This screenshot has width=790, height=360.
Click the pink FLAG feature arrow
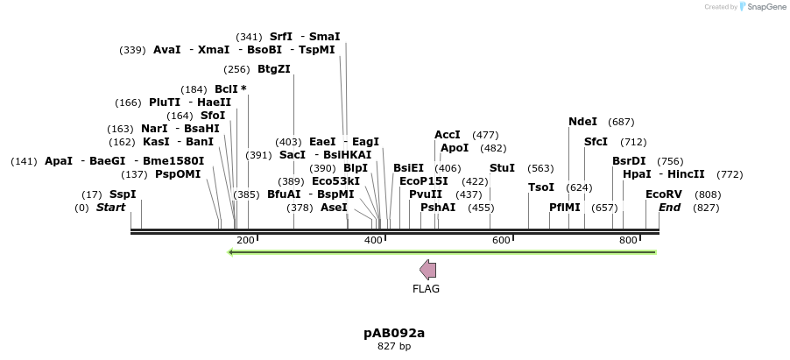(428, 269)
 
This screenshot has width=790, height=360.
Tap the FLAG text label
(427, 289)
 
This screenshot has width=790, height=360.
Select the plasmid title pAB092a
(394, 333)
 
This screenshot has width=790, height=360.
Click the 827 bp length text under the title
(394, 347)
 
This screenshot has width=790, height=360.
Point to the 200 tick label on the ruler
(245, 240)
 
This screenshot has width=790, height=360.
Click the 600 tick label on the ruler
(501, 240)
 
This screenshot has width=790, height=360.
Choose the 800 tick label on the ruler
(628, 240)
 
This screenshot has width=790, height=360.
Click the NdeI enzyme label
(582, 122)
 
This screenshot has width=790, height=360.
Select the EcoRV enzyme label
(663, 194)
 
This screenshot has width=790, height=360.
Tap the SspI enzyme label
(123, 194)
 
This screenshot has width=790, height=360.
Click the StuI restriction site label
(502, 168)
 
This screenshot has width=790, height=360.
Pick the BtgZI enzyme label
(274, 69)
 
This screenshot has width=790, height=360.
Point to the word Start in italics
(111, 208)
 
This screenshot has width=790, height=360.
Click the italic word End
(669, 208)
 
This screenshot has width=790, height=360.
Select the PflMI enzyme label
(565, 208)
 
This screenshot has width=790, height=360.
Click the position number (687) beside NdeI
(621, 122)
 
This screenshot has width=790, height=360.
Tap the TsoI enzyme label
(541, 187)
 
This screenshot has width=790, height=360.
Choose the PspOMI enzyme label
(178, 174)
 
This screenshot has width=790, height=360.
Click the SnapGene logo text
(766, 7)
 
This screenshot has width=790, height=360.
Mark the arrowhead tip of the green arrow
(229, 252)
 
